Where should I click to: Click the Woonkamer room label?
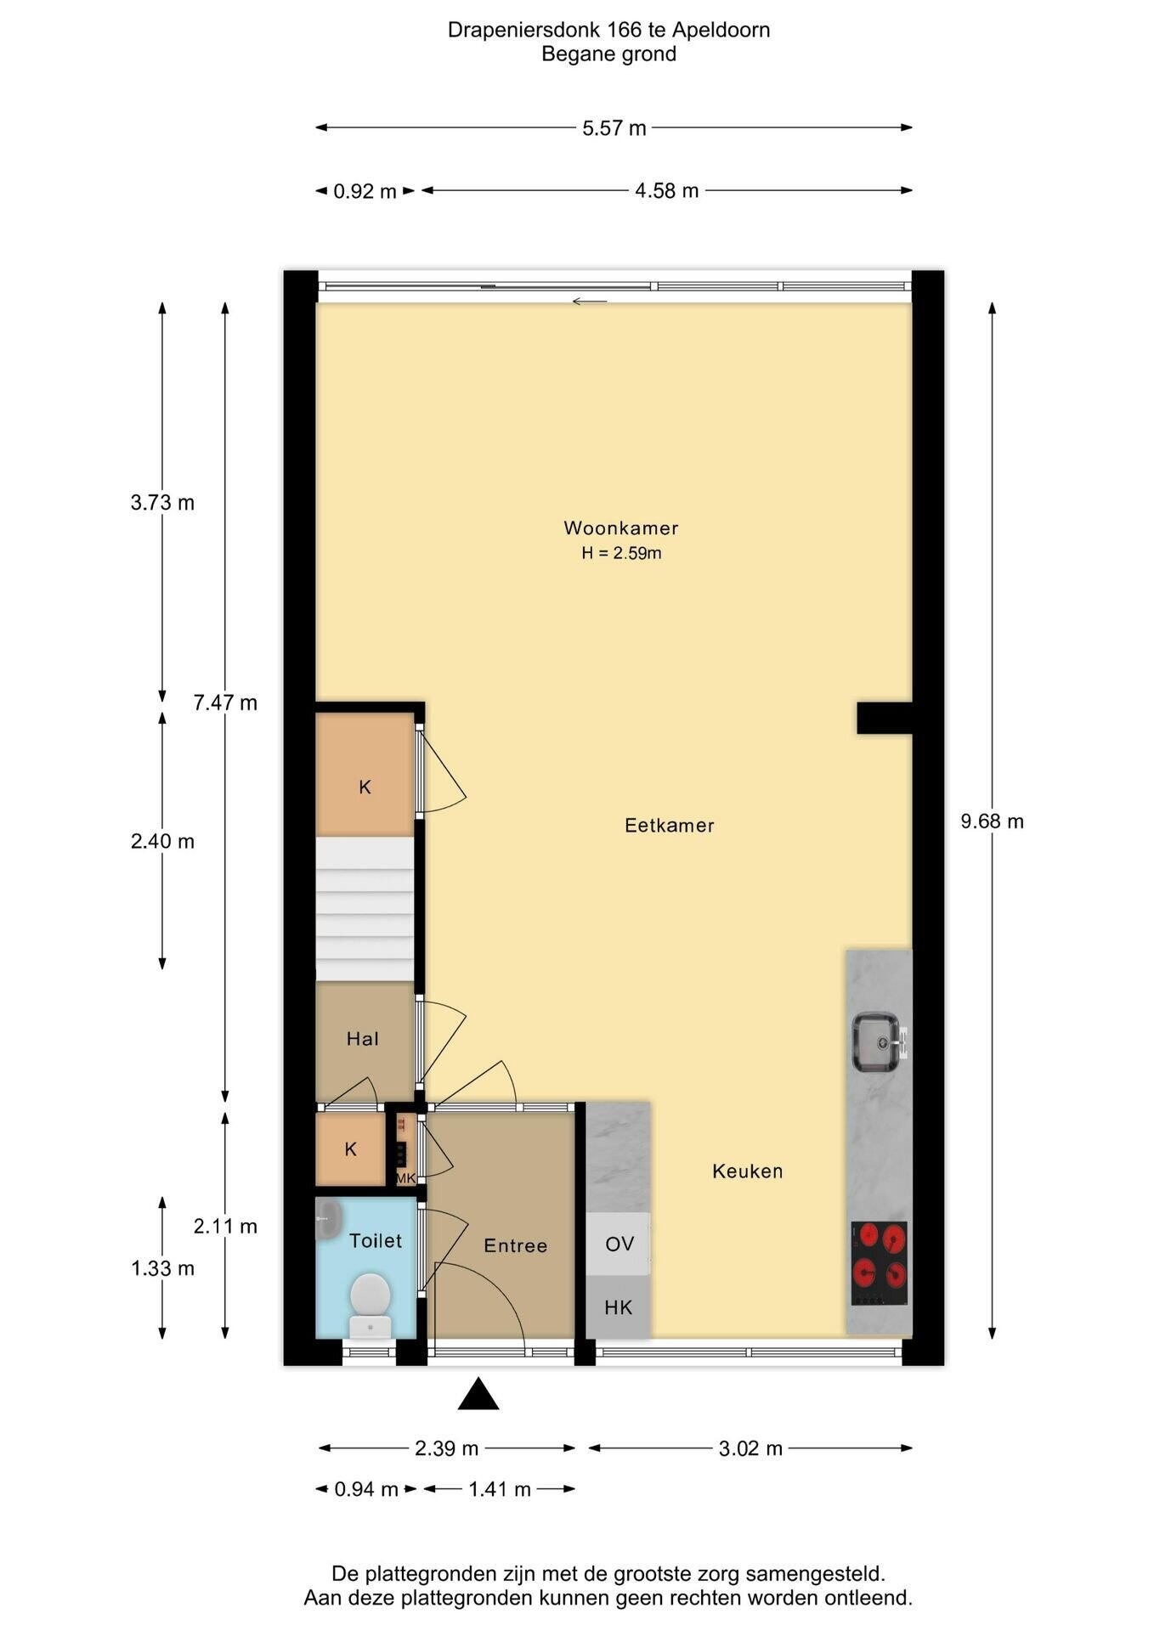[x=621, y=528]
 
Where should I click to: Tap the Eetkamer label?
[x=669, y=825]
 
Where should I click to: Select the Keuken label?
[x=747, y=1171]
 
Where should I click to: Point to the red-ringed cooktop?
[x=880, y=1262]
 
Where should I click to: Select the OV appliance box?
[x=619, y=1244]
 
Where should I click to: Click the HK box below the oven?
[x=619, y=1306]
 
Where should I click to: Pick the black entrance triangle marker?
[x=478, y=1394]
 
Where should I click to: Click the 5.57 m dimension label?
[x=614, y=128]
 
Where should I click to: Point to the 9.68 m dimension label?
[x=992, y=821]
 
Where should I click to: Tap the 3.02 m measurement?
[x=750, y=1448]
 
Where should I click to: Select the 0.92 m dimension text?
[x=365, y=191]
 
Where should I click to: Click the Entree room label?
[x=515, y=1245]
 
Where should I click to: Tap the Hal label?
[x=363, y=1038]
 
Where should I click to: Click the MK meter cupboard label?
[x=405, y=1178]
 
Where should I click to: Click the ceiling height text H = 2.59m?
[x=621, y=553]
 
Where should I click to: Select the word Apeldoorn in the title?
[x=721, y=30]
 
